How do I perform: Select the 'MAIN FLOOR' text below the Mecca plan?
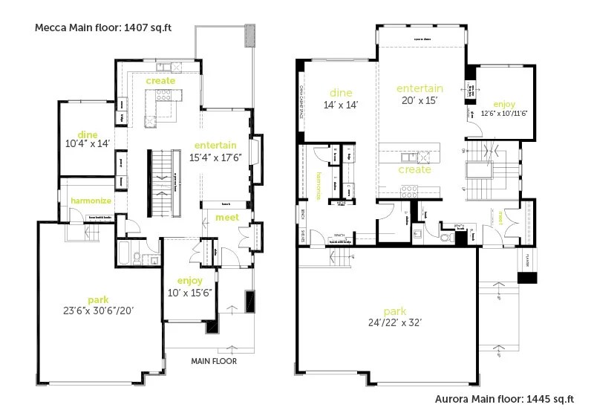[214, 362]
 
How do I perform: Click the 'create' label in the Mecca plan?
[160, 80]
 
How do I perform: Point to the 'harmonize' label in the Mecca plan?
[91, 201]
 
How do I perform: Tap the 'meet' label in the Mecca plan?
[226, 217]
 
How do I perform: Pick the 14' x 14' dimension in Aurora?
[340, 105]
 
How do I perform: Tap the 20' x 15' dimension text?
[420, 100]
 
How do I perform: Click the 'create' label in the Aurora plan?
[414, 170]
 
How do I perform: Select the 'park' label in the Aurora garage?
[394, 311]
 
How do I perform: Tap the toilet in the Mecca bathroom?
[137, 259]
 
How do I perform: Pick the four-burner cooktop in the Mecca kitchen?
[163, 94]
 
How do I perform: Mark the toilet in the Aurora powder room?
[446, 238]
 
